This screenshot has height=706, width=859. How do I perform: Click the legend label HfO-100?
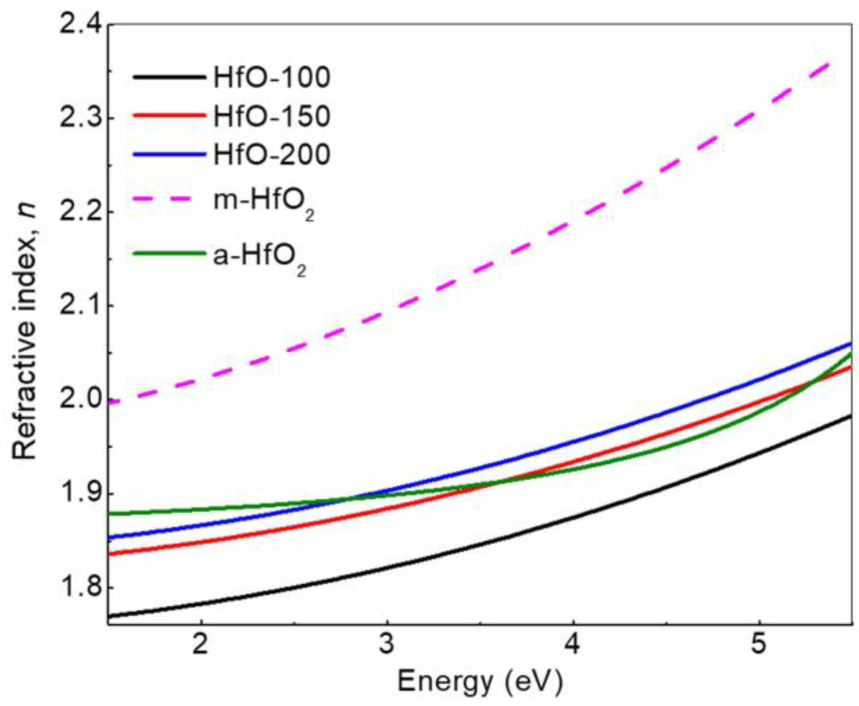[272, 77]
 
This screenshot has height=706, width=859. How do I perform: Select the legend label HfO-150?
[272, 116]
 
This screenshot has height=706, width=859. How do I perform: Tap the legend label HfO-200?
[272, 154]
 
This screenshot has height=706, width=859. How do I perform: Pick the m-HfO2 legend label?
[264, 202]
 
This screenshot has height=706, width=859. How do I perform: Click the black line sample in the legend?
[169, 77]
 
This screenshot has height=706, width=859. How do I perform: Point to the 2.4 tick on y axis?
[81, 24]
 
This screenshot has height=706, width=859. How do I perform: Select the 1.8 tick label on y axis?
[81, 588]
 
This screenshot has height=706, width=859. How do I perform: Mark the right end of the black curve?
[851, 415]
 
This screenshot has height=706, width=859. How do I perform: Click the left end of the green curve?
[109, 513]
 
